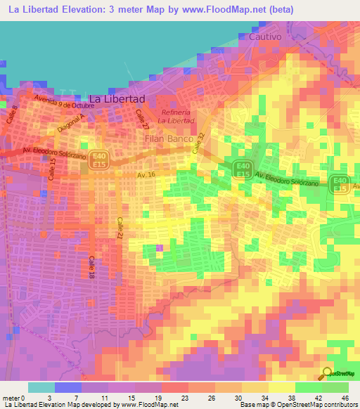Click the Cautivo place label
(265, 36)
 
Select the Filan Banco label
(169, 139)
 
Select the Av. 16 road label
(146, 174)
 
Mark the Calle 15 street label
(52, 169)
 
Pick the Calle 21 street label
(120, 229)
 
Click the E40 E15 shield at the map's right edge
(340, 183)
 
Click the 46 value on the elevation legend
(345, 397)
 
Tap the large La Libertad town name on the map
(117, 99)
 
